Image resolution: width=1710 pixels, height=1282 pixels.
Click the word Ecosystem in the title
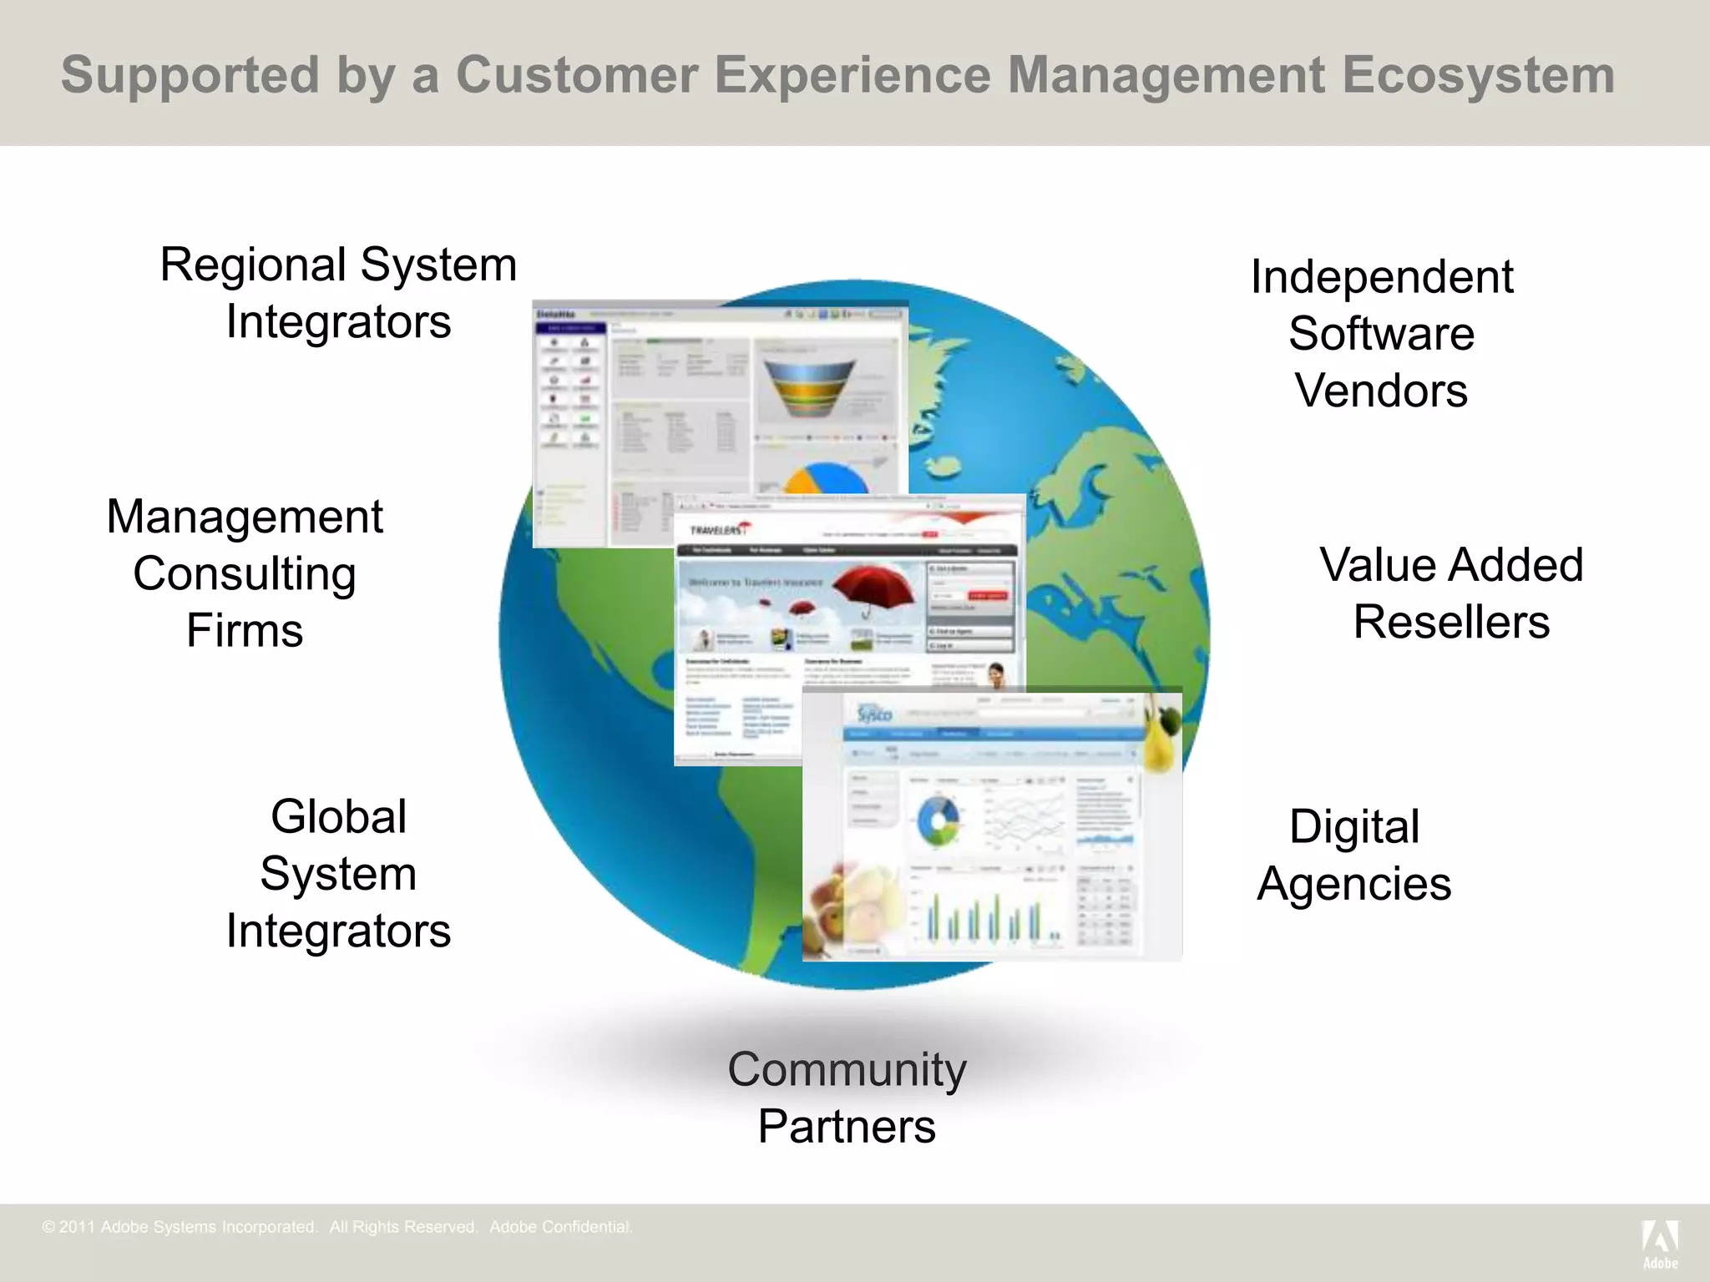click(1478, 75)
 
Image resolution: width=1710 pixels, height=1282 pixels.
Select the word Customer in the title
click(576, 75)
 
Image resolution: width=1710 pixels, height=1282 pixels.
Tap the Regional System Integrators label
click(338, 293)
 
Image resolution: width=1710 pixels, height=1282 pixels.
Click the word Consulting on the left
click(245, 574)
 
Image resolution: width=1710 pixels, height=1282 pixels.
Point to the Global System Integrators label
click(338, 873)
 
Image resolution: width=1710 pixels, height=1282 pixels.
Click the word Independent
click(1382, 277)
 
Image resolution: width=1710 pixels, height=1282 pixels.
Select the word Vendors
click(1382, 391)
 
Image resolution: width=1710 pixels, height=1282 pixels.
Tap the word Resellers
click(1451, 622)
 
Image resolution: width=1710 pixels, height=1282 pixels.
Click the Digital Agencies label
click(1354, 855)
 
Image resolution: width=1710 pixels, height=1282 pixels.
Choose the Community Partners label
click(847, 1097)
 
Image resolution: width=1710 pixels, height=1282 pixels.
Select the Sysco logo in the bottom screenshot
click(874, 714)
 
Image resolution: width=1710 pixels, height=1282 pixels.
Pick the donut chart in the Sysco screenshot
click(938, 820)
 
